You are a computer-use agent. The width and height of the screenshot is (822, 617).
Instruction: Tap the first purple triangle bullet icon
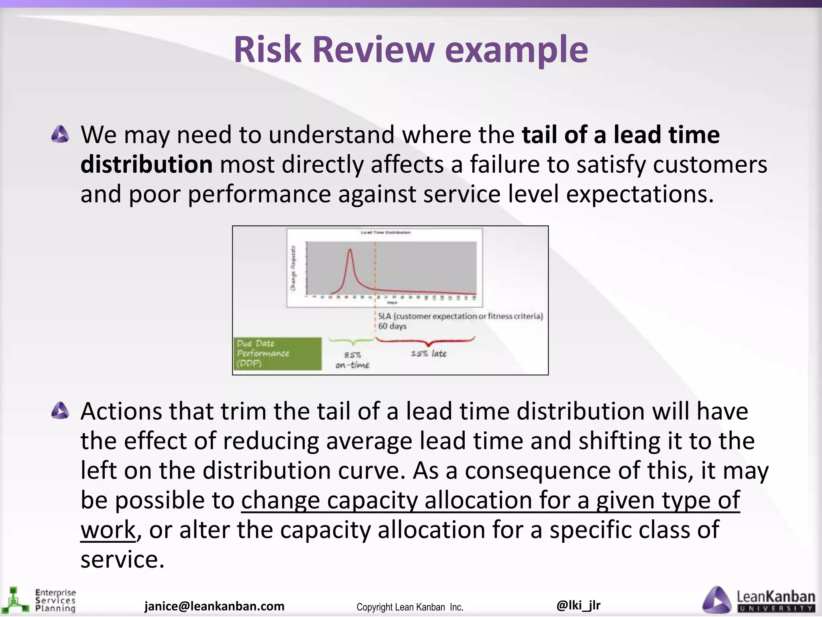[60, 134]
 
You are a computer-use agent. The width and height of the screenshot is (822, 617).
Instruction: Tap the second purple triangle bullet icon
[60, 411]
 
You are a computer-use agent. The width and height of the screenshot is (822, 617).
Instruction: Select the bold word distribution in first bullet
[146, 164]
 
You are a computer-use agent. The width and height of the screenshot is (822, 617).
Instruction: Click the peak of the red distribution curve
[350, 250]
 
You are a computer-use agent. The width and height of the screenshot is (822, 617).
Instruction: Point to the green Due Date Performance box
[277, 353]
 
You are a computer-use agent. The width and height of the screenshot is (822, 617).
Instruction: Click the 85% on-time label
[352, 360]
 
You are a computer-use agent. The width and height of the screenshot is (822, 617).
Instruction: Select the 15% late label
[429, 353]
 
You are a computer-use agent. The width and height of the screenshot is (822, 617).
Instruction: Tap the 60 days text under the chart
[392, 326]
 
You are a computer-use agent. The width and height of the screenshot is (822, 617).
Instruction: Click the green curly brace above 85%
[352, 341]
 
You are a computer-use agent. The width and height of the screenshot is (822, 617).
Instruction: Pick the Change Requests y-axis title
[293, 268]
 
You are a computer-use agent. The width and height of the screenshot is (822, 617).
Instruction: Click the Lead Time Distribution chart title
[386, 233]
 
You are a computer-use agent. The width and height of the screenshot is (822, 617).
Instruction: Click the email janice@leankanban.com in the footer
[214, 606]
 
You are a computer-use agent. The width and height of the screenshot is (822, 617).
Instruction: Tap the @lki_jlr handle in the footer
[578, 605]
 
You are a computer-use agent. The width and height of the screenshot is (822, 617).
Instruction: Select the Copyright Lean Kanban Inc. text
[410, 607]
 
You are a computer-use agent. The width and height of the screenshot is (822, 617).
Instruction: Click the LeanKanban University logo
[759, 600]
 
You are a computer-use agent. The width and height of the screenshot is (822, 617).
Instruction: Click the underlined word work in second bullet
[108, 530]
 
